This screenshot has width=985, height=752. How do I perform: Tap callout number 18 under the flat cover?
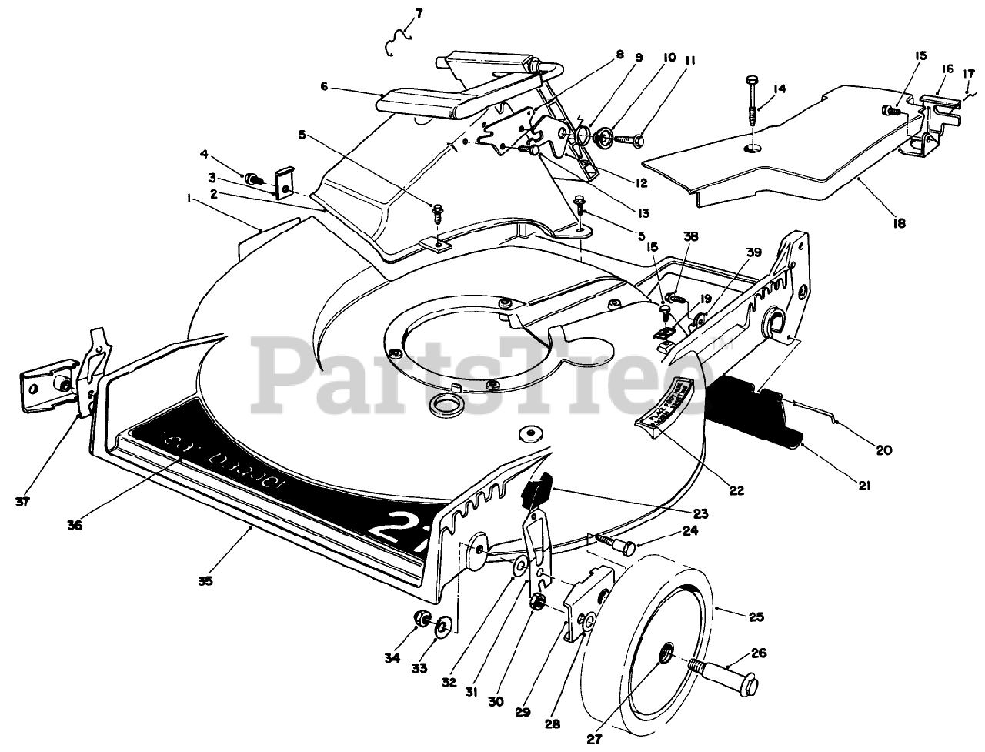click(x=899, y=223)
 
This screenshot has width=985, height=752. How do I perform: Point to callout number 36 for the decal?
click(x=74, y=526)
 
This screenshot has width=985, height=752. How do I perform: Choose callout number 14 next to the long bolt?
click(x=780, y=89)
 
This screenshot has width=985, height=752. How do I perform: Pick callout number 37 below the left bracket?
click(x=22, y=502)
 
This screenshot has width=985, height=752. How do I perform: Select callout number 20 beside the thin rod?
click(x=883, y=450)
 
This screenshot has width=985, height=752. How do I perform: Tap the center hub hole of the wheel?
click(x=666, y=655)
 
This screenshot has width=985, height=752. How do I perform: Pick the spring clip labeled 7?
click(x=399, y=39)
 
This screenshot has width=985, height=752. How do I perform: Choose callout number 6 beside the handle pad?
click(x=324, y=87)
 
